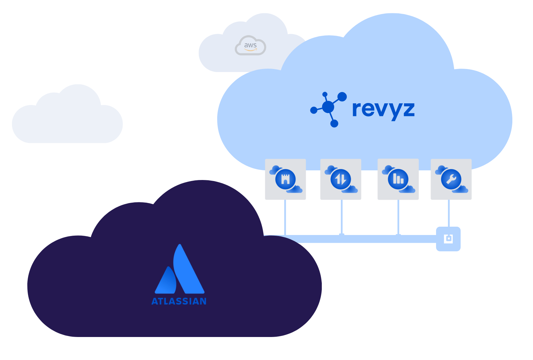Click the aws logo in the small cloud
250,46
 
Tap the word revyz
383,109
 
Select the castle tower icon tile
285,179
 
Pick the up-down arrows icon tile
340,179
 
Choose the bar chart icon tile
398,179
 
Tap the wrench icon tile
451,179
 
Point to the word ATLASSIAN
179,301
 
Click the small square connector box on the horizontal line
448,239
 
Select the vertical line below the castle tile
285,217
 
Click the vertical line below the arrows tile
342,217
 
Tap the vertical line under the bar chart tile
398,217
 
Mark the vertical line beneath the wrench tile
449,213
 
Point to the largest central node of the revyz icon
328,107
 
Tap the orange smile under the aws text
251,50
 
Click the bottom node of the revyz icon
334,123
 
